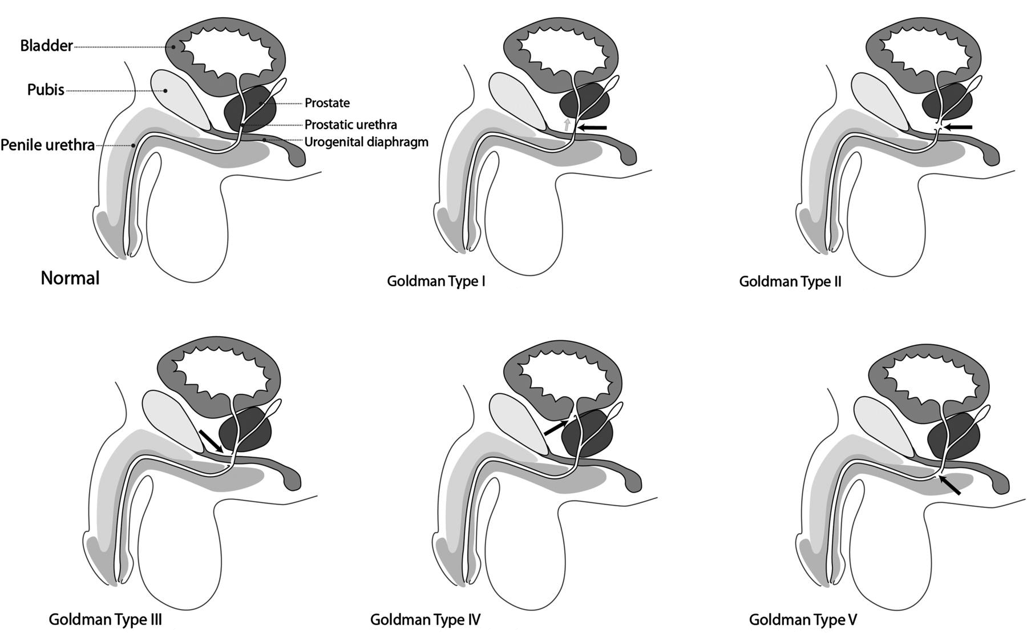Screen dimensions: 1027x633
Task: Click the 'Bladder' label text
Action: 46,46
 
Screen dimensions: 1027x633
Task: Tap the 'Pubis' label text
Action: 46,90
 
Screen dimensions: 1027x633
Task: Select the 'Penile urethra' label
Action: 47,145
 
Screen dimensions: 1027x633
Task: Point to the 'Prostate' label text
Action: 327,103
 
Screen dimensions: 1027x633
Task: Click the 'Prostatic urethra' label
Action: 350,124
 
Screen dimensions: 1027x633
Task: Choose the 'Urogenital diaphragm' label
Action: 366,142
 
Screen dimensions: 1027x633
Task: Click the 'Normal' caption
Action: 70,278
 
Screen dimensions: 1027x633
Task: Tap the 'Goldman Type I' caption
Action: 436,281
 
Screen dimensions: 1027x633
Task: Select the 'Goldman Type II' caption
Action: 790,281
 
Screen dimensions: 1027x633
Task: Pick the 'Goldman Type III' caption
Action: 106,619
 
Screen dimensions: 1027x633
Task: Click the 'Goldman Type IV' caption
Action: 425,619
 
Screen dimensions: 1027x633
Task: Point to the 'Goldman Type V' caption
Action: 803,619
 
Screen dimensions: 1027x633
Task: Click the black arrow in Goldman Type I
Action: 592,127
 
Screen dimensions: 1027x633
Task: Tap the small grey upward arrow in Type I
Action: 567,125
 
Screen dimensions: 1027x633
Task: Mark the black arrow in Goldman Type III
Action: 211,442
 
